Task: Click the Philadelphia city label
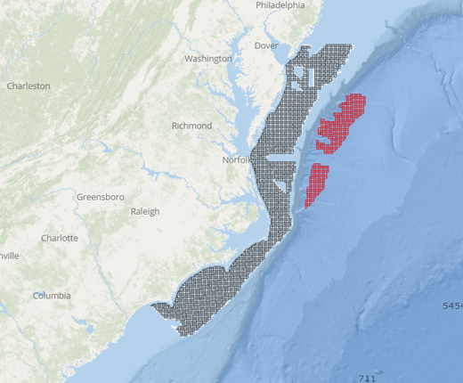[x=280, y=5]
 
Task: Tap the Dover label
[x=267, y=45]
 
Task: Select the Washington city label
[x=207, y=59]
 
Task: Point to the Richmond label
[x=191, y=126]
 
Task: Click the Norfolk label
[x=238, y=160]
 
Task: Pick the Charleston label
[x=28, y=86]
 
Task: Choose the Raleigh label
[x=145, y=211]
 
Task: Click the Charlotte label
[x=60, y=238]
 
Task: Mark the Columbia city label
[x=52, y=295]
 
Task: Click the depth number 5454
[x=452, y=306]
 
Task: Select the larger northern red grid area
[x=343, y=120]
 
